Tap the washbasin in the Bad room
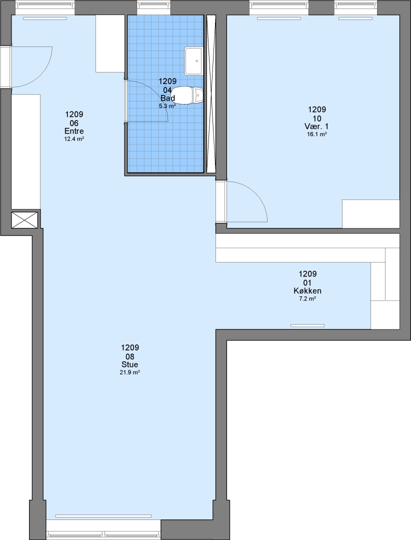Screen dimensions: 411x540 point(193,61)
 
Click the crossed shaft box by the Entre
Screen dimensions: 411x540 point(24,220)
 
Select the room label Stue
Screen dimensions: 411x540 point(129,364)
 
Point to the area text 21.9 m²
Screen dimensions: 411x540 point(129,372)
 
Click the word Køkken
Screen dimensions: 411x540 point(307,290)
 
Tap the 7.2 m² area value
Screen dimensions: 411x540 point(307,298)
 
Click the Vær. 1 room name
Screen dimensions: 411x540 point(316,126)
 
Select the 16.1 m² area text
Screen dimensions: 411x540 point(316,134)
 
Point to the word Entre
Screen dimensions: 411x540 point(74,131)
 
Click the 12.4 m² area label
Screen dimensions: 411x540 point(74,139)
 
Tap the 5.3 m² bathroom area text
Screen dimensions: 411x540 point(167,106)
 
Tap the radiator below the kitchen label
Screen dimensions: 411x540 point(307,325)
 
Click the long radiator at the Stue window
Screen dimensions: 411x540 point(103,516)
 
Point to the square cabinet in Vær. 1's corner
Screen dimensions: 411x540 point(370,213)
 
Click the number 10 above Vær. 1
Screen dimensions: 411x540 point(317,118)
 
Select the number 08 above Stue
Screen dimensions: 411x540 point(130,356)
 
